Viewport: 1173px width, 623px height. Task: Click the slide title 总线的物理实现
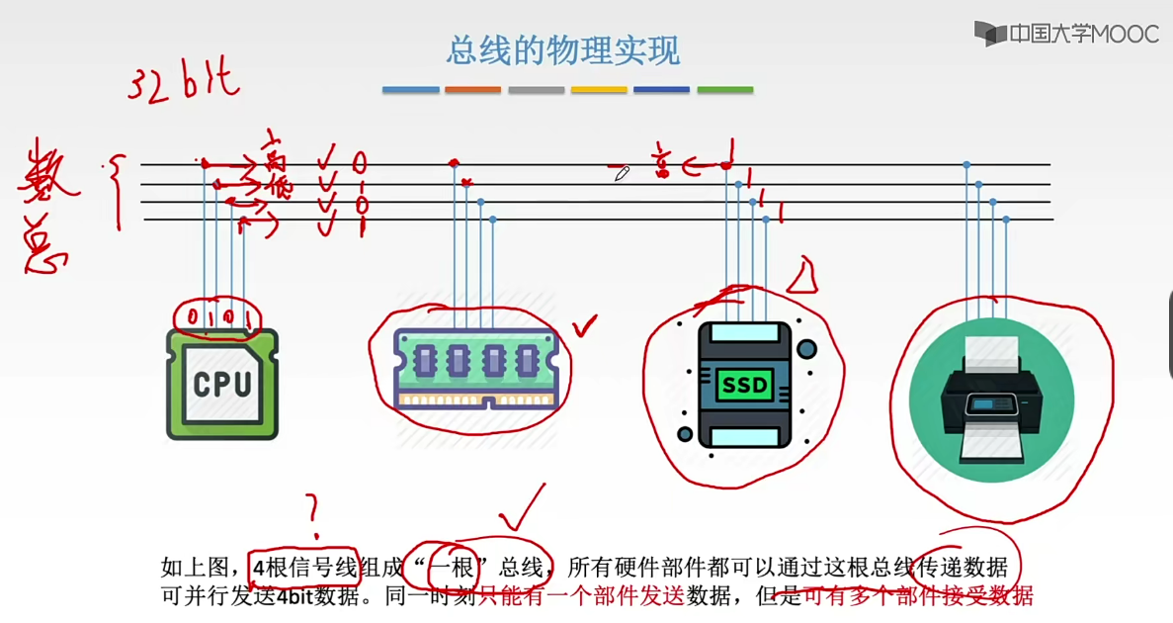(563, 49)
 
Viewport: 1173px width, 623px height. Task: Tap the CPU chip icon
(222, 384)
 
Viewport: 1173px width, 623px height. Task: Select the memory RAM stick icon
(476, 368)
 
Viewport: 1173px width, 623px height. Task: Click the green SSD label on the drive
(744, 385)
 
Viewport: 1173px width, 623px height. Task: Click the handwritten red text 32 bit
(183, 81)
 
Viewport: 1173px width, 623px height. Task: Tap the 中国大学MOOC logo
(1066, 34)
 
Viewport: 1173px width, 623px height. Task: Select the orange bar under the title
(472, 90)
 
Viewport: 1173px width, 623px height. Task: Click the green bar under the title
(725, 90)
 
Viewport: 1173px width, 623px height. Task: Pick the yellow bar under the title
(599, 90)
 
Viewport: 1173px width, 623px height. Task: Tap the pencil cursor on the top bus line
(621, 174)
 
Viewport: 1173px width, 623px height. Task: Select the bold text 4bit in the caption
(295, 596)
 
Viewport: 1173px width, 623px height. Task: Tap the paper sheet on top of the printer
(992, 349)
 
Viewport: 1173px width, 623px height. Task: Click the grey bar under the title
(536, 90)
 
